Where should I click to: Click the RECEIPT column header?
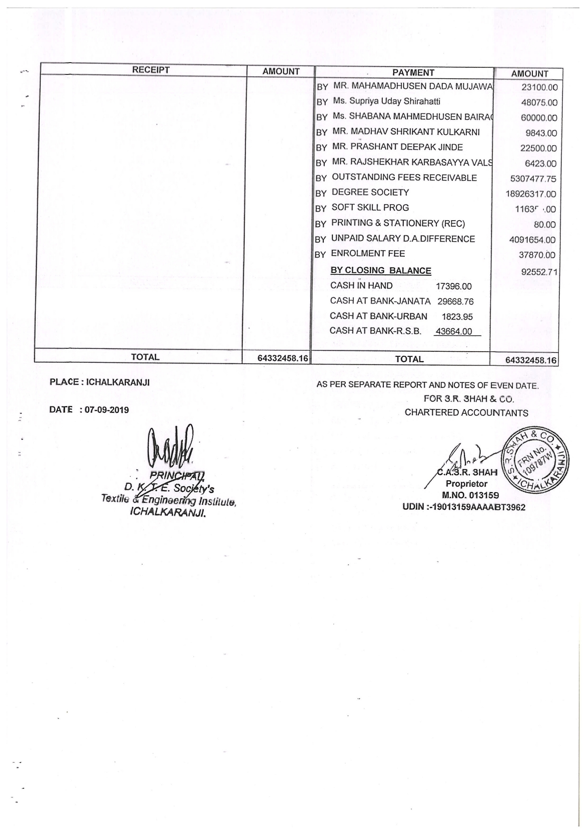coord(151,70)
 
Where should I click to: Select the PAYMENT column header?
coord(413,73)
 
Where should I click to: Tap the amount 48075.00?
coord(539,103)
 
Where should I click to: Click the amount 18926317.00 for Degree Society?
coord(530,194)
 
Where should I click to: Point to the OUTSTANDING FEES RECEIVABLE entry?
coord(404,178)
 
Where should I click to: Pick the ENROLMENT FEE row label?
coord(368,253)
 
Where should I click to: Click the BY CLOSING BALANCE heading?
coord(380,271)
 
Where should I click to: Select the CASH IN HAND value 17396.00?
coord(454,286)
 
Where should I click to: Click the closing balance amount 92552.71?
coord(539,272)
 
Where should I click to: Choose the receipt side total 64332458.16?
coord(283,358)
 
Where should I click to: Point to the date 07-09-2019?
coord(107,410)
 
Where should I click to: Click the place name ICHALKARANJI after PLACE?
coord(118,383)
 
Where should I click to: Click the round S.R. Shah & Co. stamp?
coord(536,460)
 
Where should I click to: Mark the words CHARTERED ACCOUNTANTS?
coord(466,413)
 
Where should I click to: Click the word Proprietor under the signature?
coord(466,484)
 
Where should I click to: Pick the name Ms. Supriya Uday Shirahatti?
coord(387,101)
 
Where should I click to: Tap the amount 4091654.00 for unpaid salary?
coord(532,240)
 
